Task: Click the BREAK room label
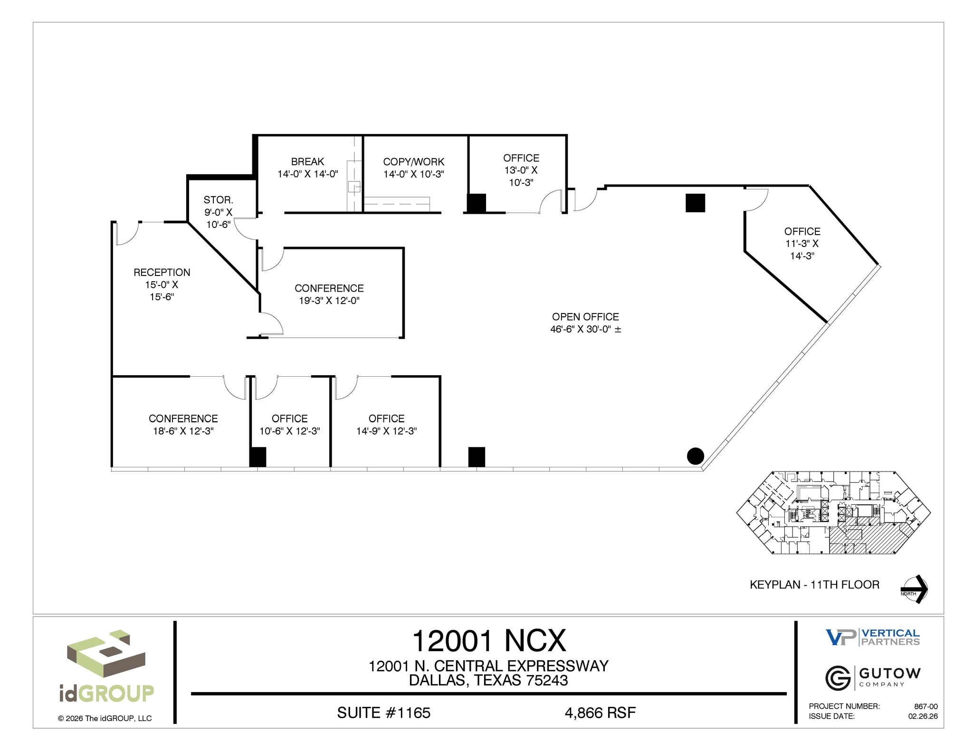307,161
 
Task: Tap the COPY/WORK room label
413,161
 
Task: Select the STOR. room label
218,200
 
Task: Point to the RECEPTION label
162,272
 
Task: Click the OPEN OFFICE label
585,317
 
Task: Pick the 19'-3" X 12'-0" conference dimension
329,301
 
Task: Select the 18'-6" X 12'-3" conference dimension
183,431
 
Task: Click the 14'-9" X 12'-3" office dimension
386,431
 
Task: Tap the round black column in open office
695,456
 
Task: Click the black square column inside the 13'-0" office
477,203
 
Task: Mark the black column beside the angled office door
695,203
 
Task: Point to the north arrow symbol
915,589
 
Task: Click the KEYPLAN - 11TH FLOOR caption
814,585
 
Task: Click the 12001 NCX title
489,641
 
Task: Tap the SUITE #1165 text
383,712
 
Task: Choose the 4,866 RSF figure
600,712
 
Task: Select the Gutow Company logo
873,677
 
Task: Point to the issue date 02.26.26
923,716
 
